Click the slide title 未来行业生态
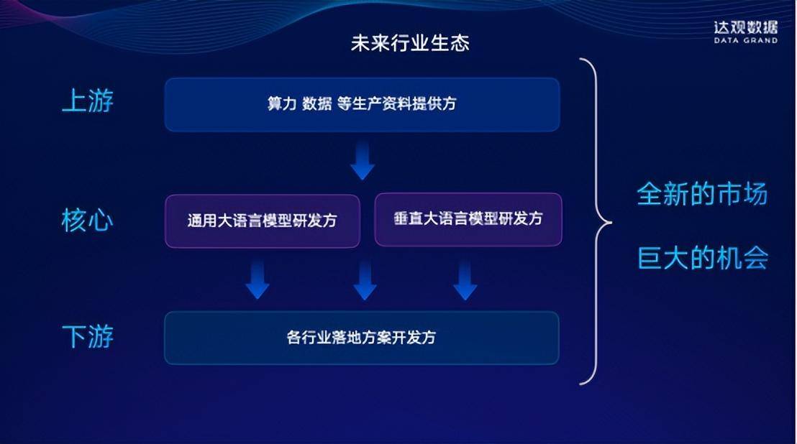click(x=410, y=43)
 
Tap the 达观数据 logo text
click(x=745, y=27)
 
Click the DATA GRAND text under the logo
click(x=745, y=41)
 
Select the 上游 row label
click(x=87, y=101)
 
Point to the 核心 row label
click(x=87, y=220)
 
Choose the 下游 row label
click(x=87, y=336)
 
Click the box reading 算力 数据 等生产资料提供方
click(x=362, y=104)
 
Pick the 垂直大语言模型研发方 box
click(x=468, y=219)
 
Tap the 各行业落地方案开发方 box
click(x=362, y=338)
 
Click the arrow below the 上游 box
click(x=363, y=161)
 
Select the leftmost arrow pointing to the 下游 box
click(x=257, y=280)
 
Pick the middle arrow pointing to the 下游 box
click(x=365, y=280)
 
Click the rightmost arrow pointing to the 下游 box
click(x=465, y=280)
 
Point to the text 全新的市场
click(x=702, y=194)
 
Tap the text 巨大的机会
click(x=702, y=258)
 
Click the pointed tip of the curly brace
click(x=610, y=222)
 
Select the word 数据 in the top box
click(x=316, y=104)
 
